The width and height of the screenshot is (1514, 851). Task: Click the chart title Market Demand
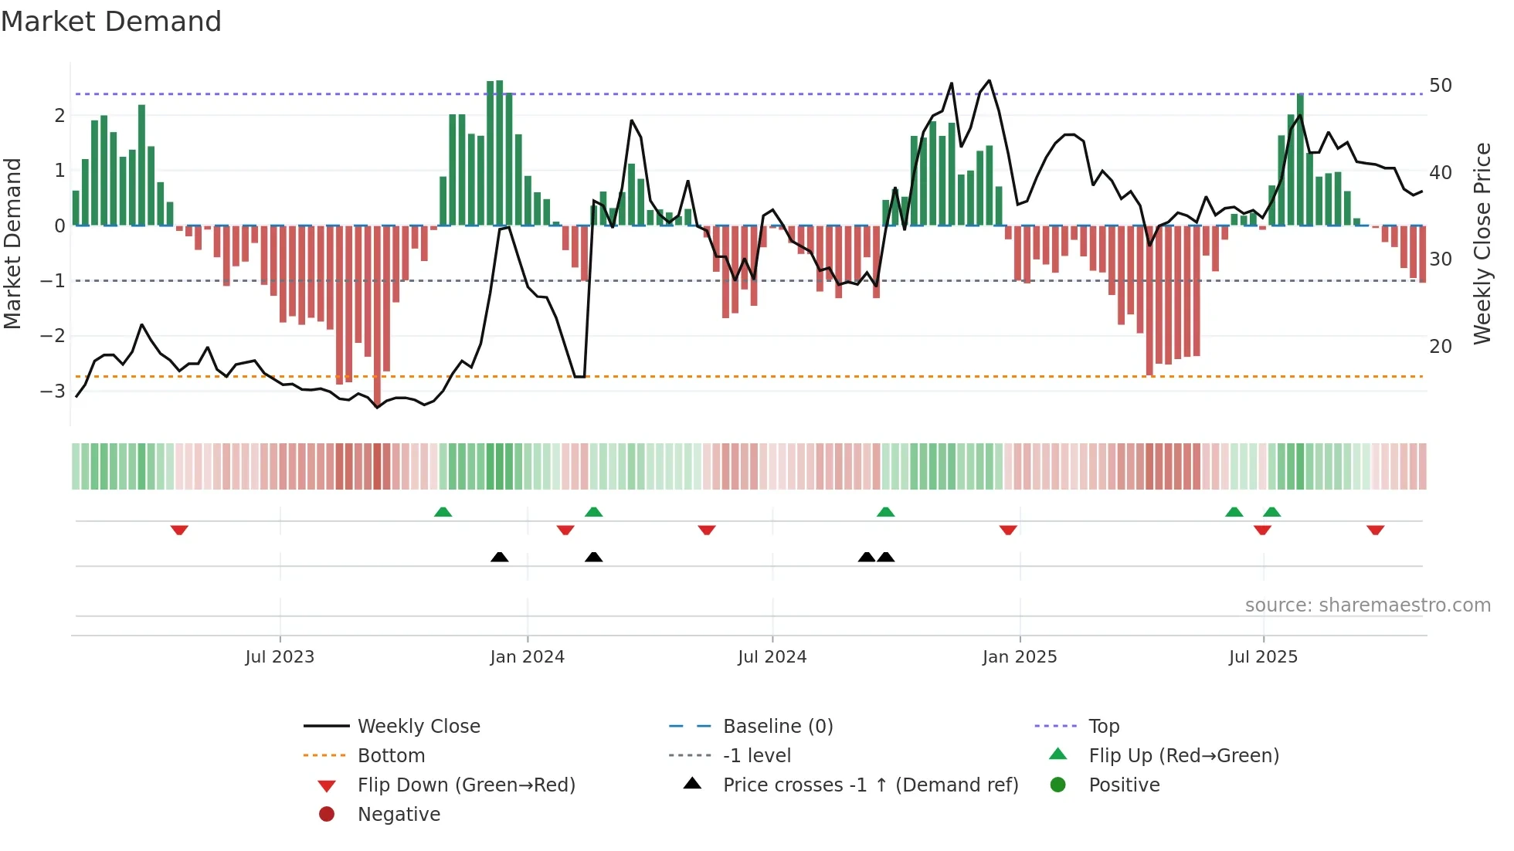pyautogui.click(x=111, y=22)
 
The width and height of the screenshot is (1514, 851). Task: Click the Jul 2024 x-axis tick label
pyautogui.click(x=772, y=657)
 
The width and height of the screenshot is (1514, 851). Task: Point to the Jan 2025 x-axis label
pyautogui.click(x=1019, y=657)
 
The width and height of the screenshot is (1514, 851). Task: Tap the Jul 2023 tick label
pyautogui.click(x=280, y=657)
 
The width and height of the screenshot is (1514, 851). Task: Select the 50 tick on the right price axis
pyautogui.click(x=1440, y=86)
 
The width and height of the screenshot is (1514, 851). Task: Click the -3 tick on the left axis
pyautogui.click(x=53, y=391)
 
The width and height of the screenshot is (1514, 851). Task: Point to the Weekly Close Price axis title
pyautogui.click(x=1482, y=243)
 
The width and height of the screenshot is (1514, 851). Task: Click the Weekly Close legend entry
pyautogui.click(x=418, y=727)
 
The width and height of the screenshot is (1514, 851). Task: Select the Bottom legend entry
pyautogui.click(x=391, y=756)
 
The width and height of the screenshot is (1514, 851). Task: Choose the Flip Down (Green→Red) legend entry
pyautogui.click(x=466, y=785)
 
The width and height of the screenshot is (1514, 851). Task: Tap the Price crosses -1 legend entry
pyautogui.click(x=870, y=785)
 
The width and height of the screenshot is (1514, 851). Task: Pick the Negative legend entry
pyautogui.click(x=399, y=815)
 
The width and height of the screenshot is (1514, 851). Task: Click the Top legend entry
pyautogui.click(x=1103, y=727)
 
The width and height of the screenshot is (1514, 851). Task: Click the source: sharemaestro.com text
pyautogui.click(x=1367, y=605)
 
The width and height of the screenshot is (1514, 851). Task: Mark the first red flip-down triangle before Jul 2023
pyautogui.click(x=179, y=530)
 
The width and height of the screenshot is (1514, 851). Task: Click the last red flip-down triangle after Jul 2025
pyautogui.click(x=1375, y=530)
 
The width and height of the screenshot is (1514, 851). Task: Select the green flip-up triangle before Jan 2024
pyautogui.click(x=443, y=512)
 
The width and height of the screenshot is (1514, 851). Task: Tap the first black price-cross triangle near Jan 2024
pyautogui.click(x=500, y=557)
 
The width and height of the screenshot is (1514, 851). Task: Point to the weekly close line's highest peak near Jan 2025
pyautogui.click(x=990, y=80)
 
